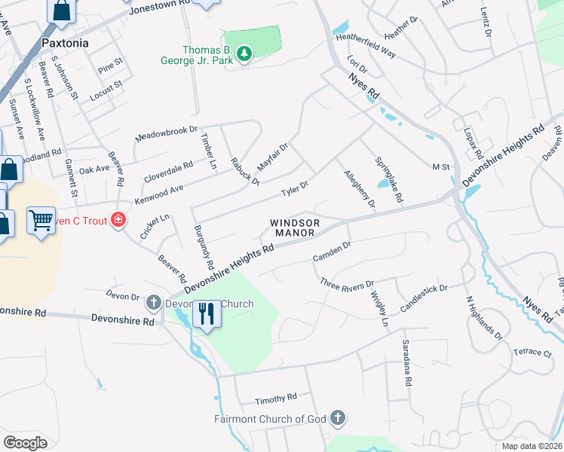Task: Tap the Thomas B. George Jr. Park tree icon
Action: click(x=244, y=53)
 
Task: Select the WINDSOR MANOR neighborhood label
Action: click(x=295, y=228)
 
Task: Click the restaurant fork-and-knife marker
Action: click(x=207, y=313)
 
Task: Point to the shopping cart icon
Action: click(x=41, y=221)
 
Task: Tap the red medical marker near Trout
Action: click(x=118, y=220)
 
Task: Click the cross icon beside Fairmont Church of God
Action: click(x=338, y=417)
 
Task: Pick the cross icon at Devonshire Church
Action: click(x=153, y=304)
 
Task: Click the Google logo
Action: click(x=25, y=443)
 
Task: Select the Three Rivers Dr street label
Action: click(x=347, y=284)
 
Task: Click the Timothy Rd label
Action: click(x=276, y=396)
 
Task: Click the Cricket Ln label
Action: click(x=155, y=224)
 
